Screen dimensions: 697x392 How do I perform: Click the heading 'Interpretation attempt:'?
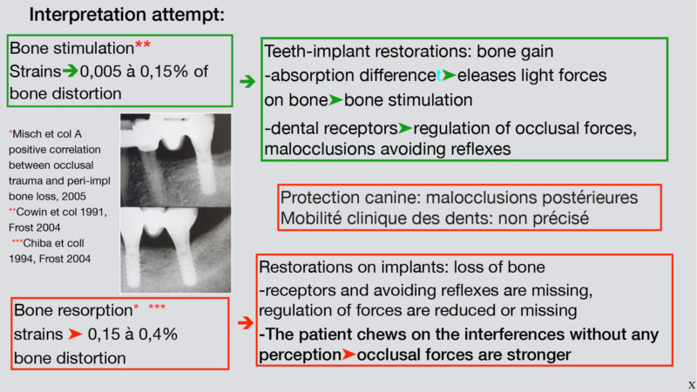tap(126, 15)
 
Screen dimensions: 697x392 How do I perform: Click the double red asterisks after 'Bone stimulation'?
tap(143, 45)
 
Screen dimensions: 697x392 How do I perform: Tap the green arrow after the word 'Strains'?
tap(71, 71)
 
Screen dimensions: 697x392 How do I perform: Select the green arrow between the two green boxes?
tap(247, 81)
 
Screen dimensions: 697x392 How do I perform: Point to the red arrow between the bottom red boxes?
tap(246, 322)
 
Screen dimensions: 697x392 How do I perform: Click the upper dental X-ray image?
tap(176, 160)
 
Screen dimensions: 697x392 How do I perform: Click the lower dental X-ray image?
tap(176, 250)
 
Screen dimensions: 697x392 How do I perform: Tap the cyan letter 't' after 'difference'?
tap(439, 76)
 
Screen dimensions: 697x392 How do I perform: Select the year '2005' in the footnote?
tap(74, 196)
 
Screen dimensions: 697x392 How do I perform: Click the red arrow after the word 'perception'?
tap(349, 355)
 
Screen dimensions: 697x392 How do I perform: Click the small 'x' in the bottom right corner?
tap(692, 385)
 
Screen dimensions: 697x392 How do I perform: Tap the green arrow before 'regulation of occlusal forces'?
tap(405, 128)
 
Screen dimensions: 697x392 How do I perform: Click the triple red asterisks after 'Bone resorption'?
tap(157, 307)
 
